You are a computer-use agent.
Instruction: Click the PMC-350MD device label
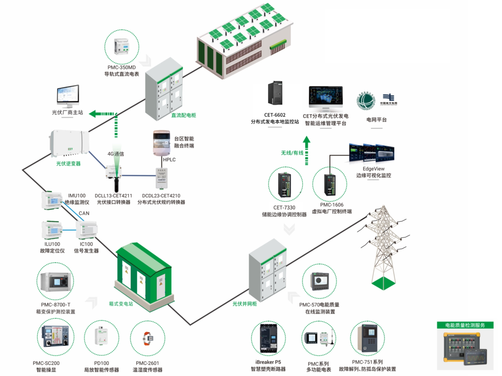click(122, 67)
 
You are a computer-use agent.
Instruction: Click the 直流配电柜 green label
click(184, 115)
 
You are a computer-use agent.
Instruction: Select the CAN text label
click(84, 213)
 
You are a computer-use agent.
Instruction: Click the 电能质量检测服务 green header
click(465, 325)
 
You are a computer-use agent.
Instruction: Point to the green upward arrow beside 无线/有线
click(306, 151)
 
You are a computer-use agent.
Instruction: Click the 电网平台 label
click(376, 120)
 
